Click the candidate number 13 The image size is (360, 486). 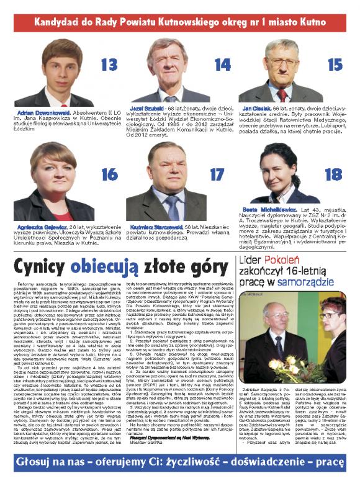click(109, 64)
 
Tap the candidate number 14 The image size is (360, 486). click(222, 64)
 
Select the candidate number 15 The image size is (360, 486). click(335, 64)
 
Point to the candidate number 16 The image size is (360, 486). click(109, 174)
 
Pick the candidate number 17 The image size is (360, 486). click(217, 174)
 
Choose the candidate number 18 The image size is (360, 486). click(333, 174)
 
